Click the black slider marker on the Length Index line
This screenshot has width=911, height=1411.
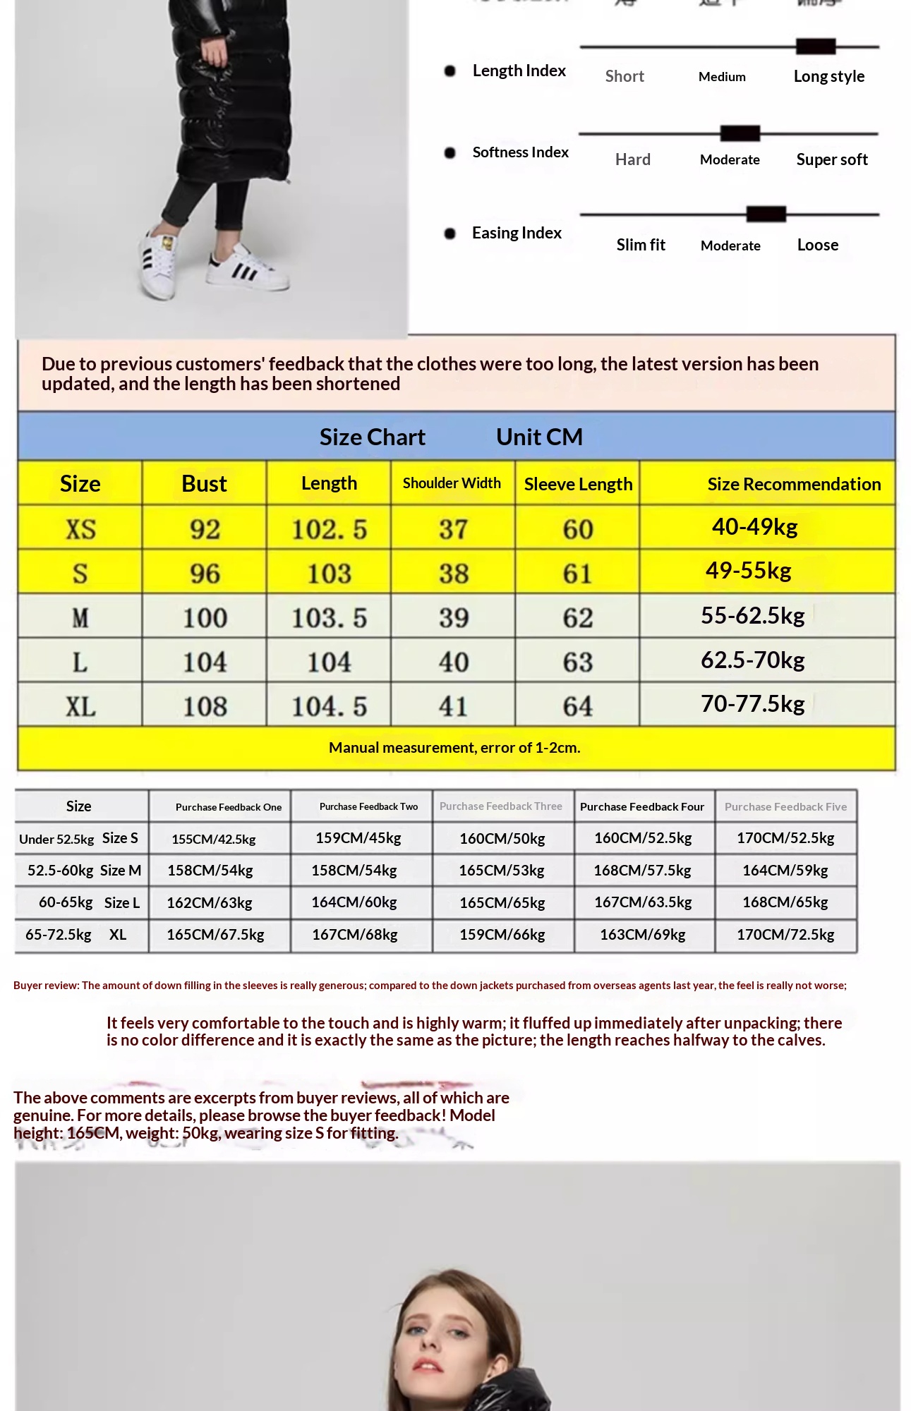815,47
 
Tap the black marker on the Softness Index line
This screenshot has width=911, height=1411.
740,133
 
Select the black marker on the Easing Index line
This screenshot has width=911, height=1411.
766,214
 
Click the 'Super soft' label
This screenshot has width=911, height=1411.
831,159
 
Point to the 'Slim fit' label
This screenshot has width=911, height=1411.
640,245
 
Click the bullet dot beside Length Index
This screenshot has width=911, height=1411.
450,71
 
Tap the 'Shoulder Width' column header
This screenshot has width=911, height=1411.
452,483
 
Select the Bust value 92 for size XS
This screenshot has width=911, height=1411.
205,529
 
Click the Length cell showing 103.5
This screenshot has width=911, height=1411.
329,618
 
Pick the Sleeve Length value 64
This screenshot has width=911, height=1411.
577,706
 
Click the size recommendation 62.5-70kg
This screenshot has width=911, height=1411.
752,660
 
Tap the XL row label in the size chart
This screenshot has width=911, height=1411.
80,706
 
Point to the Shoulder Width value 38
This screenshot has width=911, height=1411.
453,574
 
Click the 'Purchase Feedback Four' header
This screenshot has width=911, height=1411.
641,806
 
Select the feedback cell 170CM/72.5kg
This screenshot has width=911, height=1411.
785,935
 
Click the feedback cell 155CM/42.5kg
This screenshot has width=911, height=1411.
213,839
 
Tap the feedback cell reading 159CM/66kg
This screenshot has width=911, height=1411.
502,935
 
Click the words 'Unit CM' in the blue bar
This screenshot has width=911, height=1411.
539,437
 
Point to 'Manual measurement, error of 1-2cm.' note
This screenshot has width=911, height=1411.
454,747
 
